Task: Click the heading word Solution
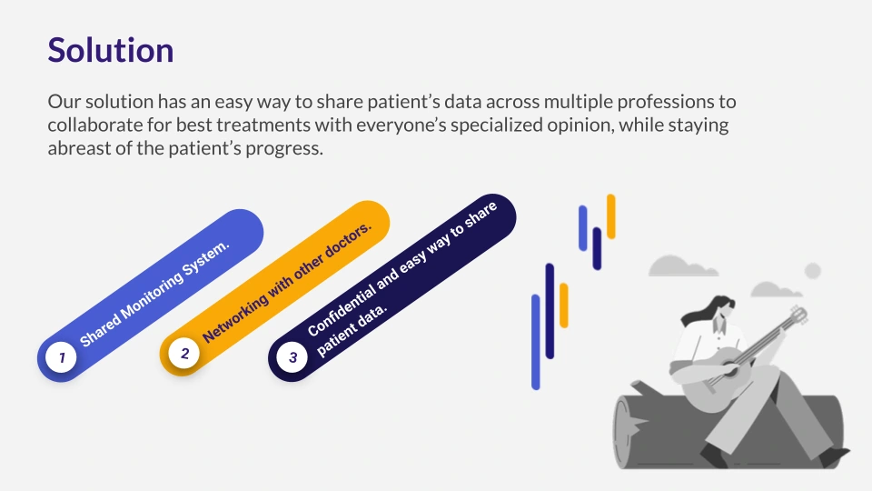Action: tap(111, 50)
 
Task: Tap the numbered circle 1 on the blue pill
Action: tap(61, 356)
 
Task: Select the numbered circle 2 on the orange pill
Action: tap(184, 353)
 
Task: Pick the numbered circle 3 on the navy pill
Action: tap(292, 356)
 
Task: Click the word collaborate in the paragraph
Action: tap(95, 125)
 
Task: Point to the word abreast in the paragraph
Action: tap(80, 148)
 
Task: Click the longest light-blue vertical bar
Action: tap(536, 342)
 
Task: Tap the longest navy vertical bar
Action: tap(550, 311)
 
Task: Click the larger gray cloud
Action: tap(682, 266)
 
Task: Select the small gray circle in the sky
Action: tap(813, 271)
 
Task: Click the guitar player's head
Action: tap(723, 308)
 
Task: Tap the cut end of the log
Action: tap(629, 428)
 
